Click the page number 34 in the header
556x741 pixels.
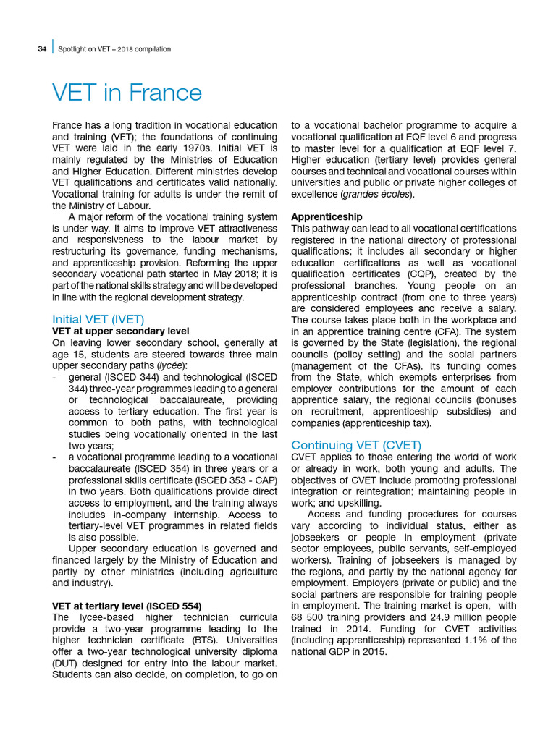(x=42, y=49)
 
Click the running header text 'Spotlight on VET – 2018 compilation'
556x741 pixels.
(x=114, y=49)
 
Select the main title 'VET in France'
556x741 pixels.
(x=127, y=93)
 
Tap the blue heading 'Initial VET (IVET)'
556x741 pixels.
(x=98, y=318)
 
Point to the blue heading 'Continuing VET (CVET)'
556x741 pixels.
(x=355, y=445)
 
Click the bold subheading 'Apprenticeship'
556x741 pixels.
(x=327, y=216)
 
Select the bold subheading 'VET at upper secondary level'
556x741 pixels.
(x=121, y=331)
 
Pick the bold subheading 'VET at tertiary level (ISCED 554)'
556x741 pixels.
(x=127, y=606)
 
